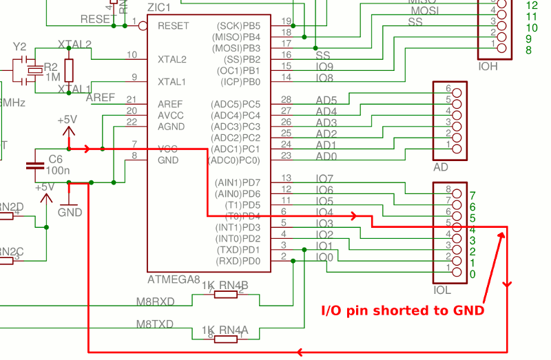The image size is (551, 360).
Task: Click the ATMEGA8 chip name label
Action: tap(175, 280)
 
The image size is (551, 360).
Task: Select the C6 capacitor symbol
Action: tap(32, 166)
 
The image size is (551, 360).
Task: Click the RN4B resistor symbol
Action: tap(225, 295)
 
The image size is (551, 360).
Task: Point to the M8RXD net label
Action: tap(155, 301)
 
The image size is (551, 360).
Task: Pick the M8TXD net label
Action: tap(155, 324)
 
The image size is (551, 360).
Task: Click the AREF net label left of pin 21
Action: tap(101, 98)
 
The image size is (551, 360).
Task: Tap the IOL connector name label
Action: tap(441, 290)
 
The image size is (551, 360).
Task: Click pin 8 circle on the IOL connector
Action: tap(456, 190)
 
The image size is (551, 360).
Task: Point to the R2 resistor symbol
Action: tap(68, 70)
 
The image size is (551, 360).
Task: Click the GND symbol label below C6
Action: tap(70, 213)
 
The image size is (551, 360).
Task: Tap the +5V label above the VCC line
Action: tap(67, 120)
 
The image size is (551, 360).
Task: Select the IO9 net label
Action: tap(324, 67)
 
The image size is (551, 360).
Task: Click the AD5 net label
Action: tap(326, 100)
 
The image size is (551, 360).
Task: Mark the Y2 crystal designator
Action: tap(20, 47)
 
